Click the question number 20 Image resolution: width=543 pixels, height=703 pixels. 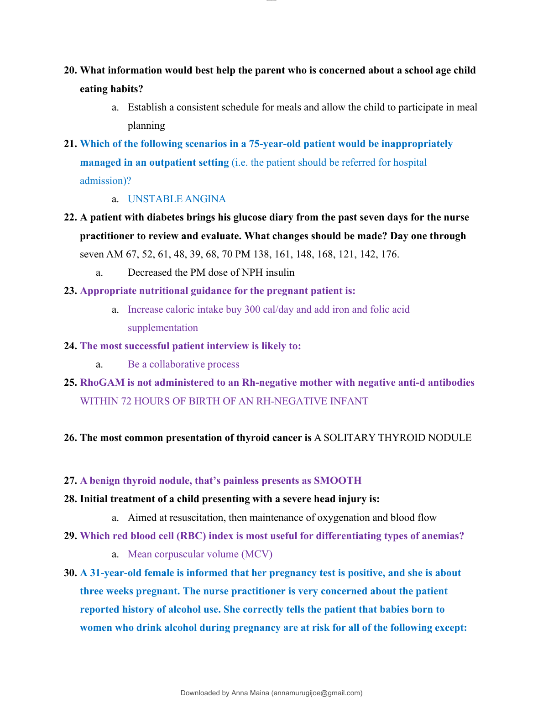tap(70, 70)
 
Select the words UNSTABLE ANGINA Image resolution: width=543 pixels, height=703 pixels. tap(177, 199)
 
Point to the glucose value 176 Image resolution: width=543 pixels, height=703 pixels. tap(390, 254)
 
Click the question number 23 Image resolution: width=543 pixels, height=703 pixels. tap(70, 291)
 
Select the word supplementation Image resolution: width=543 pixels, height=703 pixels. tap(163, 328)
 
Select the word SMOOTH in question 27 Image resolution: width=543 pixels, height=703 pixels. tap(338, 481)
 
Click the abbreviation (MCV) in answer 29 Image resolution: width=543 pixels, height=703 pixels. tap(257, 554)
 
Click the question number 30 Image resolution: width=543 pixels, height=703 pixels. tap(70, 573)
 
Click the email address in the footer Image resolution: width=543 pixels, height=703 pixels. tap(317, 693)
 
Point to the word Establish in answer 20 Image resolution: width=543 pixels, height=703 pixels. tap(147, 107)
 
